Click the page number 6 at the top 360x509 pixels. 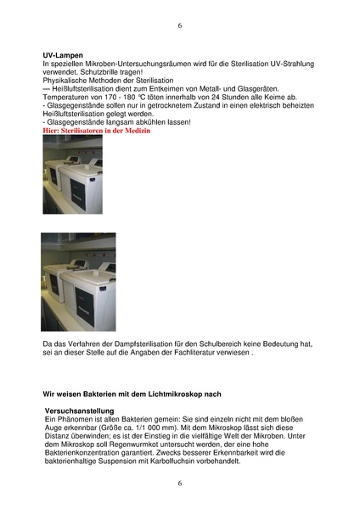coord(180,26)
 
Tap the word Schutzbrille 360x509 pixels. coord(96,72)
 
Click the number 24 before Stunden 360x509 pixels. coord(198,98)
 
